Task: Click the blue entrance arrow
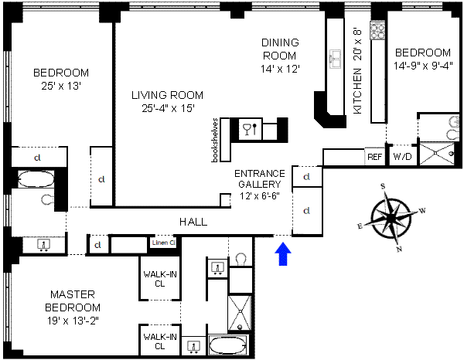click(x=283, y=254)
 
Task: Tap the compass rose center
click(x=391, y=219)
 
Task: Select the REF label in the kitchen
click(x=374, y=157)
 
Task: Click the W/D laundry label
click(x=402, y=157)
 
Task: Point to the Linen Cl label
click(x=164, y=243)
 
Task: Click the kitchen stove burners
click(x=377, y=30)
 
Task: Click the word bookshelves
click(x=215, y=140)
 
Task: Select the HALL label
click(x=193, y=222)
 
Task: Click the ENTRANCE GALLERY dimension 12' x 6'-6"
click(x=260, y=195)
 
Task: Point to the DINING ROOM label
click(x=280, y=49)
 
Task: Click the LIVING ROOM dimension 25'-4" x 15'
click(x=168, y=108)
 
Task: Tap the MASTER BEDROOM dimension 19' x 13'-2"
click(x=73, y=321)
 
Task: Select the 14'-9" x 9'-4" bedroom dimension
click(x=423, y=66)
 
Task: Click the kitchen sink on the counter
click(x=336, y=59)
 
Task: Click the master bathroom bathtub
click(x=227, y=345)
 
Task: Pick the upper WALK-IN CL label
click(x=160, y=279)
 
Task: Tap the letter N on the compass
click(x=399, y=250)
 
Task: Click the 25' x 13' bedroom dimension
click(x=61, y=86)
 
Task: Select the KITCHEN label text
click(x=357, y=91)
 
